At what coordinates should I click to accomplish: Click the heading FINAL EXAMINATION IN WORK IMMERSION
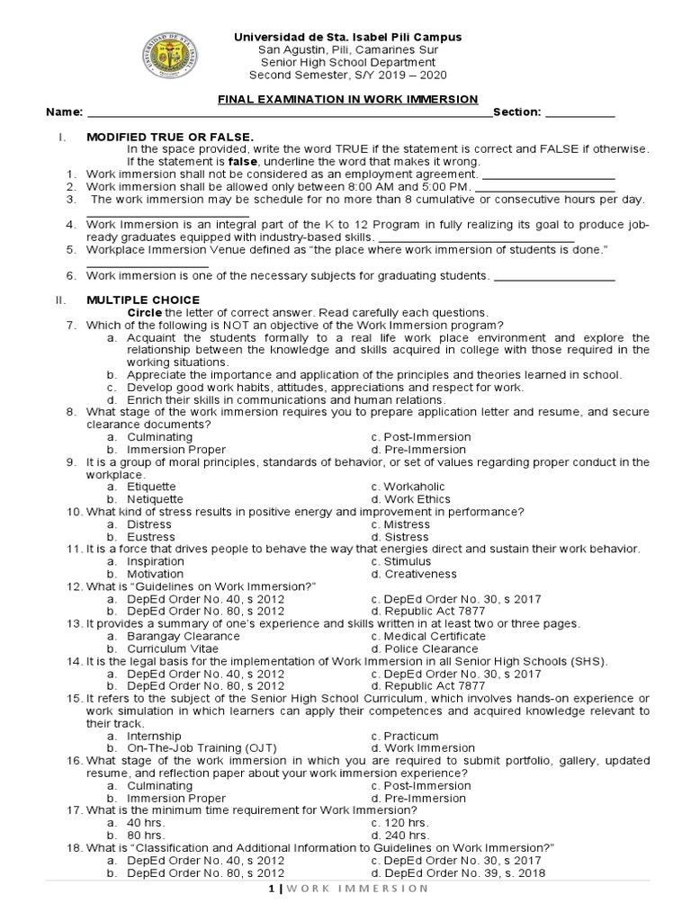(x=350, y=99)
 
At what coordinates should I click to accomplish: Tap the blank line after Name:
(x=289, y=115)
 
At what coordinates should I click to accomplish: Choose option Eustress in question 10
(x=151, y=536)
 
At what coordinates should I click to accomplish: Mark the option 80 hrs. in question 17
(x=145, y=835)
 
